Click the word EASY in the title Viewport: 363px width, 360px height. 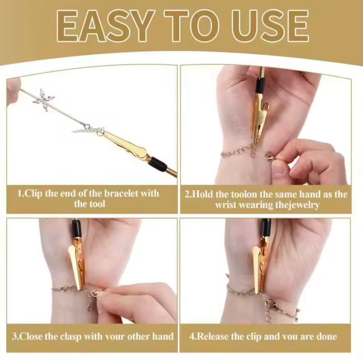pos(105,26)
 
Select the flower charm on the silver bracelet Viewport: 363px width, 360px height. pos(44,100)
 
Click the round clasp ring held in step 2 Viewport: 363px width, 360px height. pos(269,155)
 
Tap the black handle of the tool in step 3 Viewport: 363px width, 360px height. pos(77,228)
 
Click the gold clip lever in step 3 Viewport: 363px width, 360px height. pos(75,267)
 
